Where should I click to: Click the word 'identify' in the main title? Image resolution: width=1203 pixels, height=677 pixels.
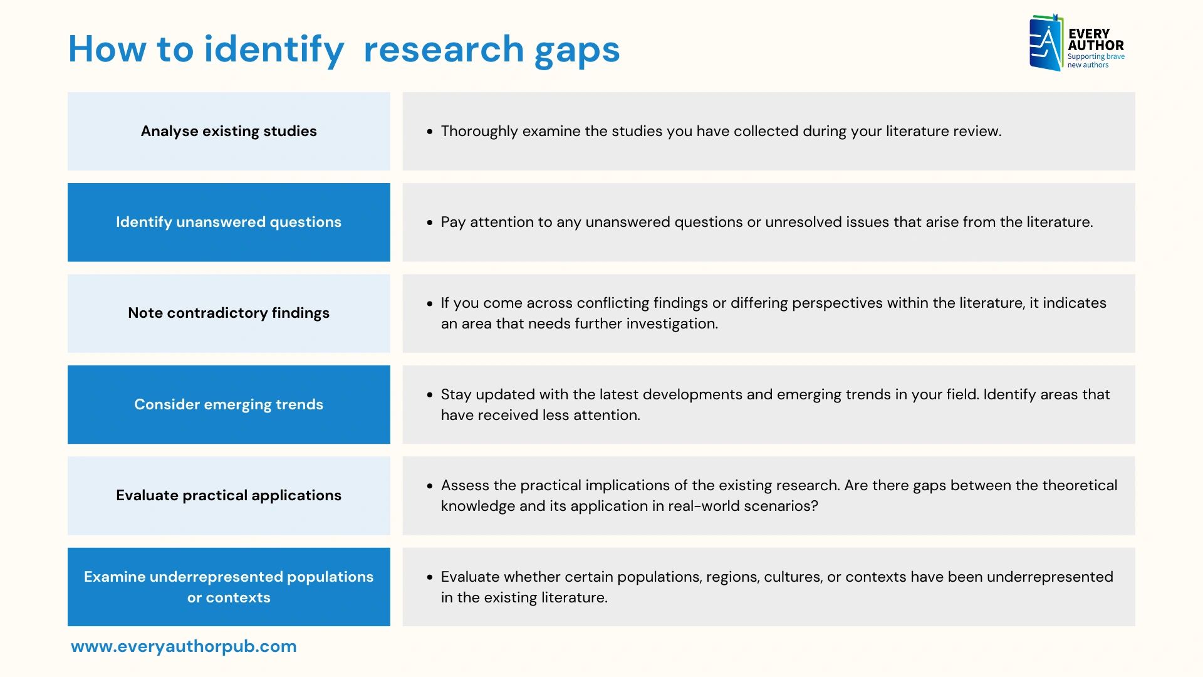(274, 49)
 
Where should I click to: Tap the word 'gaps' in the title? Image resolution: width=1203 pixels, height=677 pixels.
(577, 50)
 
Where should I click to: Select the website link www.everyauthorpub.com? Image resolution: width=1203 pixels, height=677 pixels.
(184, 646)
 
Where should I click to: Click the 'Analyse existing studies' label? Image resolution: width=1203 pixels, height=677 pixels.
(229, 131)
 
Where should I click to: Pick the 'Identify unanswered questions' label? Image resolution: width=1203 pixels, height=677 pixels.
(229, 222)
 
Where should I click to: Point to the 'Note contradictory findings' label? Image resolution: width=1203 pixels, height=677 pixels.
(229, 313)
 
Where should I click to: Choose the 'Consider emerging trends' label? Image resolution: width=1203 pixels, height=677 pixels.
(229, 404)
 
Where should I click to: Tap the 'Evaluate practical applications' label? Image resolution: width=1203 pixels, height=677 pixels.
(229, 495)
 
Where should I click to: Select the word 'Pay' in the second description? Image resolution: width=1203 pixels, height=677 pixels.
(453, 222)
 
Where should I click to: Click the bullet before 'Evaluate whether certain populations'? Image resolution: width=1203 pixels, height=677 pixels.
(430, 577)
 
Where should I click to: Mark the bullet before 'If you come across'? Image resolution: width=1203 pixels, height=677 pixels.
(430, 303)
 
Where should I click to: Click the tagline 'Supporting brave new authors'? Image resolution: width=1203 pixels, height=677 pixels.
(1096, 60)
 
